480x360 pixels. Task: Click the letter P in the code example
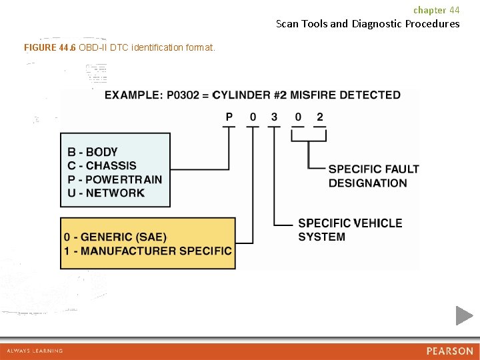coord(229,117)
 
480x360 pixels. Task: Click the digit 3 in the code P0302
coord(274,117)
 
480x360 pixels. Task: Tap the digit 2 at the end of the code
coord(320,117)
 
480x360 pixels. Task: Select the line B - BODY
coord(92,152)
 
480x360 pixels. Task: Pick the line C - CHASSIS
coord(101,165)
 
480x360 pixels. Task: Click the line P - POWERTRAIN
coord(114,179)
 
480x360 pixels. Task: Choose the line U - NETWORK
coord(105,193)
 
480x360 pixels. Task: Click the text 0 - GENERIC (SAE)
coord(115,237)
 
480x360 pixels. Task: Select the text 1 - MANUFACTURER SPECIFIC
coord(148,251)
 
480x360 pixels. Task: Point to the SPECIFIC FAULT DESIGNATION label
coord(373,176)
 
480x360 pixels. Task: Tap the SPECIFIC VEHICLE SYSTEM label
coord(350,230)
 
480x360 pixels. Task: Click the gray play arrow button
coord(464,315)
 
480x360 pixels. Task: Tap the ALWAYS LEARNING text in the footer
coord(35,351)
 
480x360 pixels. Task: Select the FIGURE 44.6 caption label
coord(50,47)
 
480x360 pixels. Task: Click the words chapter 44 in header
coord(436,10)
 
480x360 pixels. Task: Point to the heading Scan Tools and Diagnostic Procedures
coord(367,24)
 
